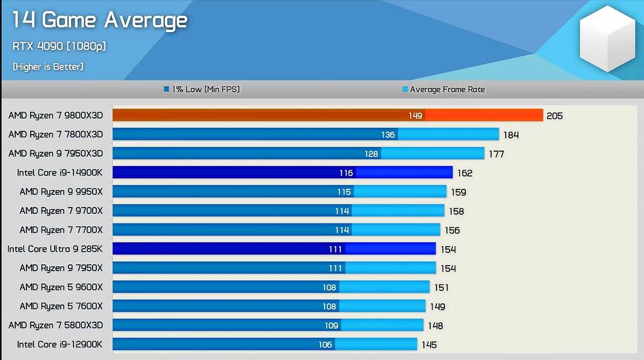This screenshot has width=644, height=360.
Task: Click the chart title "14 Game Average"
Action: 99,21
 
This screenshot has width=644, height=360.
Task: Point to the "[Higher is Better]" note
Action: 48,67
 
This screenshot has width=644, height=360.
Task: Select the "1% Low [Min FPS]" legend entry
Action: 201,89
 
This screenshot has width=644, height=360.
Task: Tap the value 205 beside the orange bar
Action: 555,116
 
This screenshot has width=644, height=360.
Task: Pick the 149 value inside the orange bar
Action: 414,116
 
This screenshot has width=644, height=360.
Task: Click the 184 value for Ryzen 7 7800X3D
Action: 511,135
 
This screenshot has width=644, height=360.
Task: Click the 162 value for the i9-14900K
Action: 465,173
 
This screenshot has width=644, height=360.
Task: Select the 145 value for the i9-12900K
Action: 429,345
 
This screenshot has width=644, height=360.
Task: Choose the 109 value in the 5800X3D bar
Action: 330,325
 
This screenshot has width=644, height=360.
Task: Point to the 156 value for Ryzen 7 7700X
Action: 452,230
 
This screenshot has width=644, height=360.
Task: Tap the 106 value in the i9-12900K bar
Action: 326,345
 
